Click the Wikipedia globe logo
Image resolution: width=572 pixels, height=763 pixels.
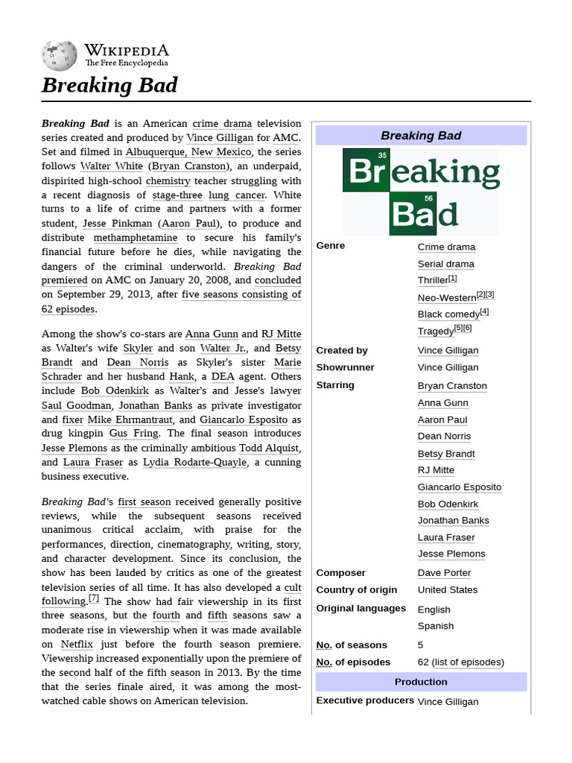60,54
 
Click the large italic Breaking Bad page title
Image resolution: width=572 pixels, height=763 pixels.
109,86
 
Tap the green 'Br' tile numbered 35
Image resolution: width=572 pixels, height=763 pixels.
366,170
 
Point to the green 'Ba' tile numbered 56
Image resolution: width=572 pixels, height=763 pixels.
412,214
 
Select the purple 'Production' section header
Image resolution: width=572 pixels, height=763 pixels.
421,682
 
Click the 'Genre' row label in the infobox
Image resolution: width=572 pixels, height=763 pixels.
331,246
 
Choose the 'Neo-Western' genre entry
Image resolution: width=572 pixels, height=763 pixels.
447,297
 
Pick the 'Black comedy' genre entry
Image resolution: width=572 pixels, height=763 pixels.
448,314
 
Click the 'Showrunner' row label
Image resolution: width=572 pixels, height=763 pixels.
345,367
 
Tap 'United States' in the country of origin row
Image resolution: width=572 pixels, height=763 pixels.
448,590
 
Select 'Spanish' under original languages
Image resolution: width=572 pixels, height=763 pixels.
436,626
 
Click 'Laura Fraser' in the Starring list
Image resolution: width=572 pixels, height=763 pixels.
446,537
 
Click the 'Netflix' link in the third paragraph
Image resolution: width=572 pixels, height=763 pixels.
77,644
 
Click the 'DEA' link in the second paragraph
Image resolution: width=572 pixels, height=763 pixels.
223,376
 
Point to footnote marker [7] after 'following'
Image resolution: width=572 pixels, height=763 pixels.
94,598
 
